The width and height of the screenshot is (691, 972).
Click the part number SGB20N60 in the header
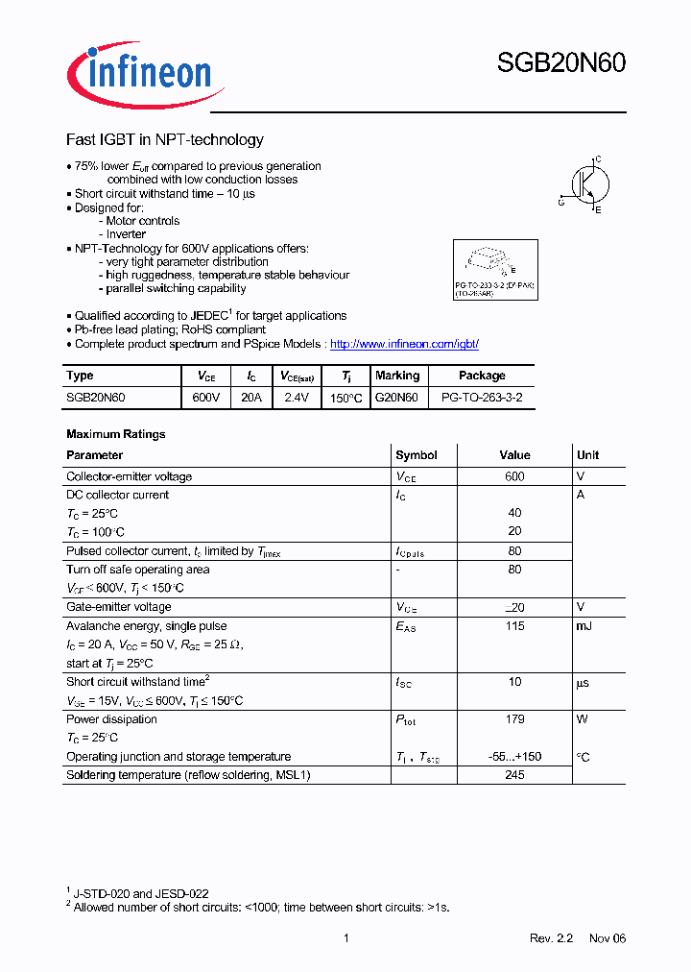coord(560,63)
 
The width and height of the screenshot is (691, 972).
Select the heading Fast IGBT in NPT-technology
coord(164,140)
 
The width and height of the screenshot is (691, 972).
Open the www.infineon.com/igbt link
coord(403,344)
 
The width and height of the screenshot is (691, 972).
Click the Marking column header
coord(397,376)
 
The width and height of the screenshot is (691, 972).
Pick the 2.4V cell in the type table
coord(297,397)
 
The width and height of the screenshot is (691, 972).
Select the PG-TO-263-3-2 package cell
coord(481,397)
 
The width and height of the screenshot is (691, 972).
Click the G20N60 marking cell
coord(396,397)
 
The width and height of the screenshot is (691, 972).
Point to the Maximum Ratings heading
coord(115,434)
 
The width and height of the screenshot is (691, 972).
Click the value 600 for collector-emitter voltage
coord(514,476)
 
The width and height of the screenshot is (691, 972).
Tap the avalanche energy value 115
coord(514,626)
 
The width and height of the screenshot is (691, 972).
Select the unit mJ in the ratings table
coord(584,626)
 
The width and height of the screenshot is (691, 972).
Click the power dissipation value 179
coord(514,719)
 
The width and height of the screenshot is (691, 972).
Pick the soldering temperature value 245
coord(514,775)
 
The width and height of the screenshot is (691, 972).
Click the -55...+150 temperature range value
coord(514,757)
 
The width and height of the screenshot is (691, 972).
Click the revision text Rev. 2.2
coord(551,938)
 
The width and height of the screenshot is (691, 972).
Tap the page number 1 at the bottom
coord(345,938)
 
